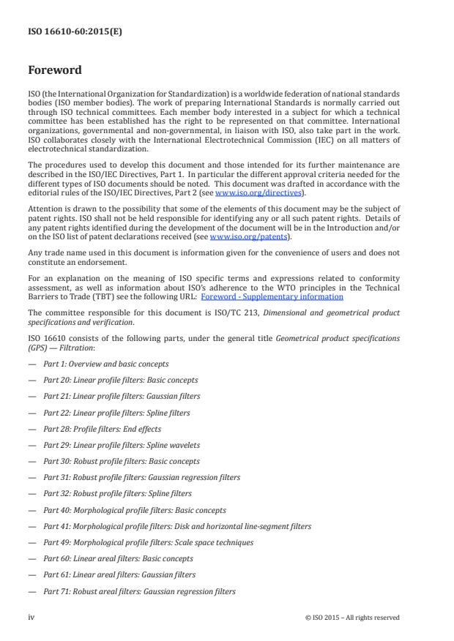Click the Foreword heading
coord(55,71)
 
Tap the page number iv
coord(31,617)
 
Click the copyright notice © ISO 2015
coord(351,618)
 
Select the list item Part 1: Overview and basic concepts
coord(105,364)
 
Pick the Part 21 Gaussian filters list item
coord(122,396)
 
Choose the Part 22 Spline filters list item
coord(116,413)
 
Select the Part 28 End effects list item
coord(102,429)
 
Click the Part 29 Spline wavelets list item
coord(122,445)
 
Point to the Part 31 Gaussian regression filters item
coord(141,477)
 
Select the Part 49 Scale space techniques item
coord(148,542)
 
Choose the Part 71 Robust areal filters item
coord(139,591)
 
